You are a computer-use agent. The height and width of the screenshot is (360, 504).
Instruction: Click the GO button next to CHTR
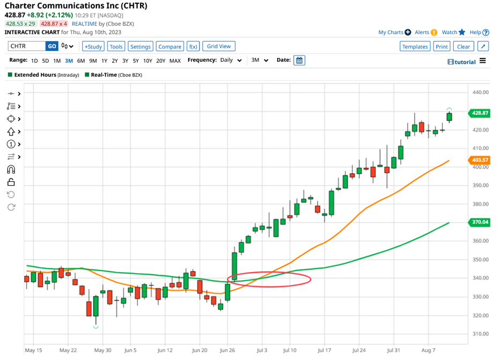click(51, 47)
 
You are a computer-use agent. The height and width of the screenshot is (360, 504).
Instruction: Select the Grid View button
click(219, 47)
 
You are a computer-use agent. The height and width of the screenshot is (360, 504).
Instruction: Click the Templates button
click(415, 47)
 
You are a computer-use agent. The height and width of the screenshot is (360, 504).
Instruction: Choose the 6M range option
click(81, 61)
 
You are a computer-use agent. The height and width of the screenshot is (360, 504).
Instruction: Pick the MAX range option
click(175, 61)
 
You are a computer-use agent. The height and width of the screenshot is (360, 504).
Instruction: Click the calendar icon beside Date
click(300, 61)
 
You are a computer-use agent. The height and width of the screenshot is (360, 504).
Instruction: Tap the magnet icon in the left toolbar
click(11, 170)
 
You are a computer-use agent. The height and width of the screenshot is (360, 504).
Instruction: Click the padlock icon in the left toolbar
click(11, 182)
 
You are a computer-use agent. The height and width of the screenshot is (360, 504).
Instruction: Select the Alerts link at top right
click(422, 33)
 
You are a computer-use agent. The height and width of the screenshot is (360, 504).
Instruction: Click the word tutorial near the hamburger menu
click(465, 62)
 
